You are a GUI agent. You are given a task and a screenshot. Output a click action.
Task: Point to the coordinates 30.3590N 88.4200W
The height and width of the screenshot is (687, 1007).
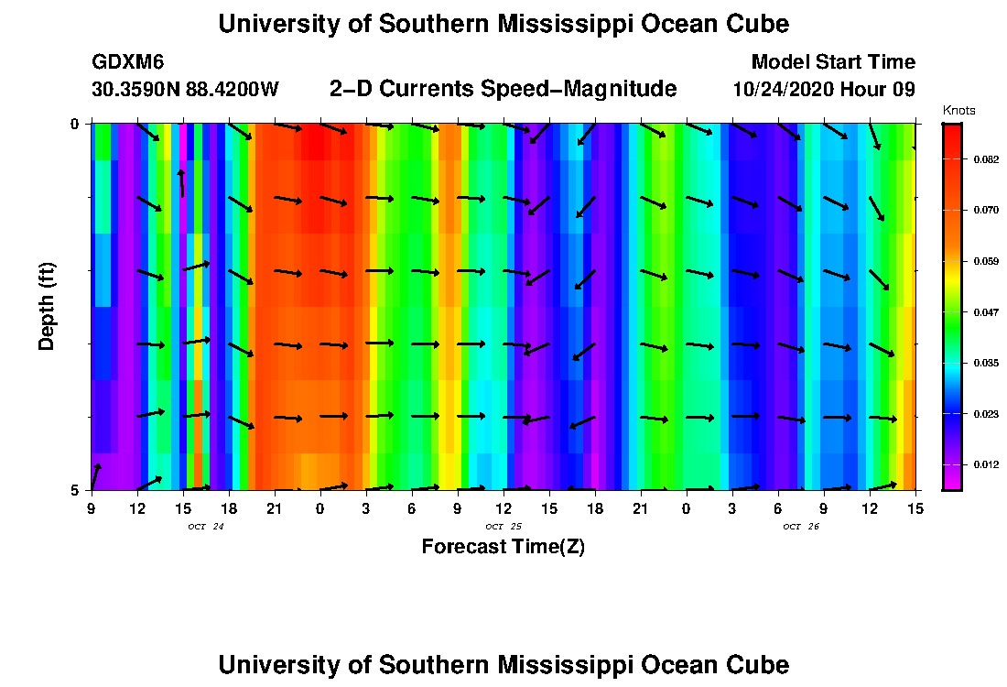point(185,90)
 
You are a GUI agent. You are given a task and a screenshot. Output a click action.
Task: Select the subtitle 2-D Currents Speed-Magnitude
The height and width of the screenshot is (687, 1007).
point(503,89)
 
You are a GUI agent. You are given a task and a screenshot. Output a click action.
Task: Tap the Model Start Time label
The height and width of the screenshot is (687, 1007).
point(832,62)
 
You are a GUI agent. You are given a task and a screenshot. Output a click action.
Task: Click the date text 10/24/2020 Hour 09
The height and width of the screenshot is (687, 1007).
point(824,90)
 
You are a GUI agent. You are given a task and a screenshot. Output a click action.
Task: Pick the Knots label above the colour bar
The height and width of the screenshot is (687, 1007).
point(958,111)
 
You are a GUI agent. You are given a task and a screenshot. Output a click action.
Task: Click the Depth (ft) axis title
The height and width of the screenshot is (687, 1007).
point(48,306)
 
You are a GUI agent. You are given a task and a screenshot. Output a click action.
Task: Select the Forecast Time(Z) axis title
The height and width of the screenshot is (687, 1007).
point(503,547)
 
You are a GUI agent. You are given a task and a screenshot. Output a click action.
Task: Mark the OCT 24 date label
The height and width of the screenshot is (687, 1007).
point(206,527)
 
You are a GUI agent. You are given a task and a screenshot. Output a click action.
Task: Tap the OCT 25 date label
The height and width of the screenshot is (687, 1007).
point(503,527)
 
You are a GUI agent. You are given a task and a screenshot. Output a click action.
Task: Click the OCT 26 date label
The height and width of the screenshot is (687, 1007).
point(800,527)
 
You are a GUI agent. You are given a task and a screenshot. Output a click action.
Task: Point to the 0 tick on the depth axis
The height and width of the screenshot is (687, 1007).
point(75,124)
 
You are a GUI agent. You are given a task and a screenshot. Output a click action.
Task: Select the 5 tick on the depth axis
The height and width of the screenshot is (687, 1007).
point(75,490)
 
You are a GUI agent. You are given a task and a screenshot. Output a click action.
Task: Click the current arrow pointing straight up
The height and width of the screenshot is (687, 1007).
point(182,182)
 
